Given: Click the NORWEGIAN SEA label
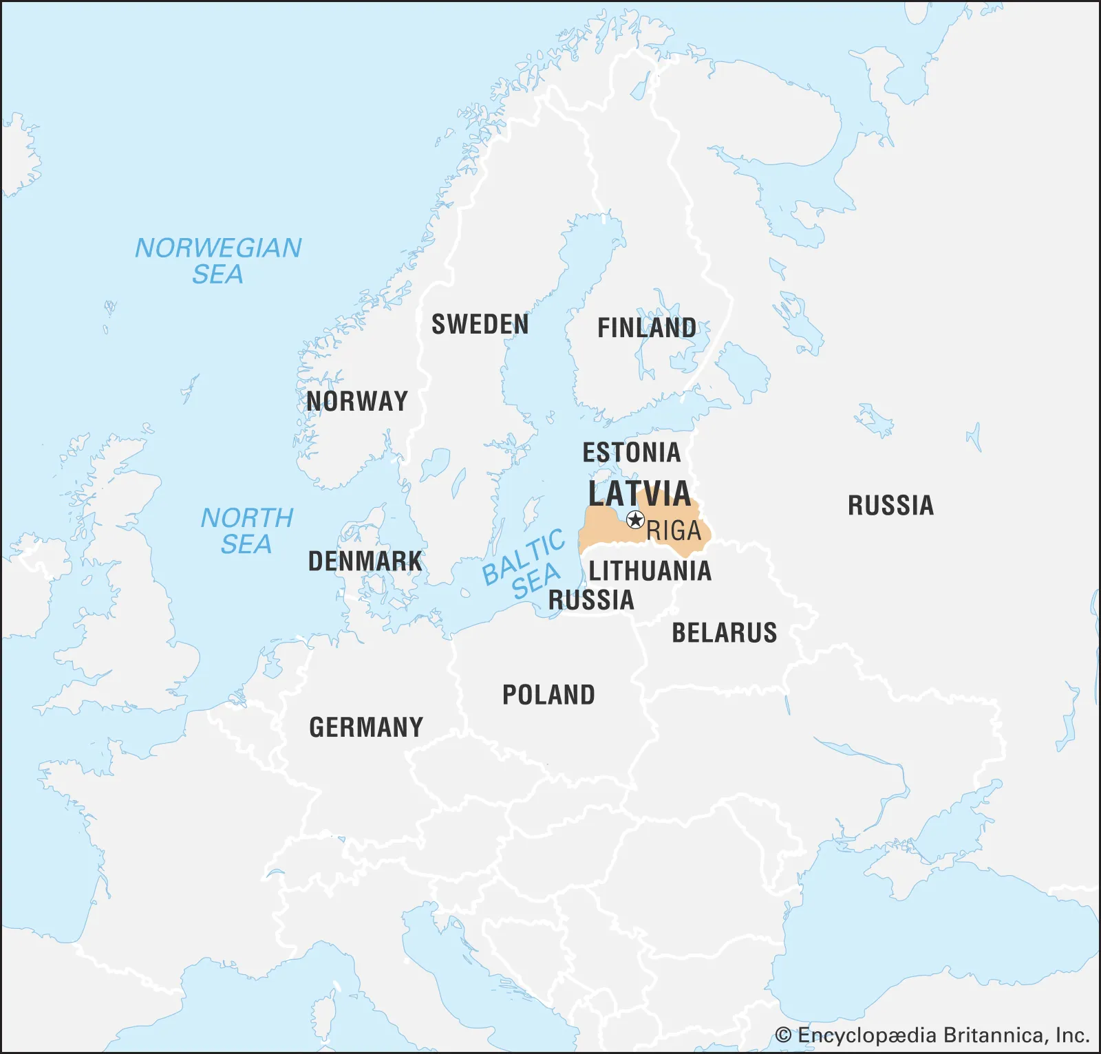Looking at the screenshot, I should coord(218,261).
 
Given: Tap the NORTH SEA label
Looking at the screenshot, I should coord(246,530).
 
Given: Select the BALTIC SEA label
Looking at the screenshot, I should coord(524,566).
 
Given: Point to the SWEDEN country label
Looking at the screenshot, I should coord(480,324).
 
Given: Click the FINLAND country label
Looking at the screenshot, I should coord(646,327).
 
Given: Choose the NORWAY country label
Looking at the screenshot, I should coord(356,400).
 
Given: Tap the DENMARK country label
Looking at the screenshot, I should coord(365,561).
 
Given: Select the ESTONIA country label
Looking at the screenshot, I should coord(631,452).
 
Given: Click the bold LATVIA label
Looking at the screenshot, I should coord(639,493).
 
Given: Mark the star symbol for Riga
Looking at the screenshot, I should coord(635,519).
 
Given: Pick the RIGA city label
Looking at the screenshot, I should coord(674,531).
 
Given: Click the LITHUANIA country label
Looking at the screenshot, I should coord(650,570).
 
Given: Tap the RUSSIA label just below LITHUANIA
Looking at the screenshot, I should coord(590,600).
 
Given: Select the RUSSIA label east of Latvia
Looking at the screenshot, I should coord(890,505).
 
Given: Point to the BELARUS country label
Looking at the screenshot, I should coord(724,632).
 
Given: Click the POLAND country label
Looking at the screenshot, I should coord(548,695).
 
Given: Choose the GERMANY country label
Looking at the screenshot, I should coord(366,727).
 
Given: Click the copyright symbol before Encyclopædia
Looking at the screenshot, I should coord(783,1035).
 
